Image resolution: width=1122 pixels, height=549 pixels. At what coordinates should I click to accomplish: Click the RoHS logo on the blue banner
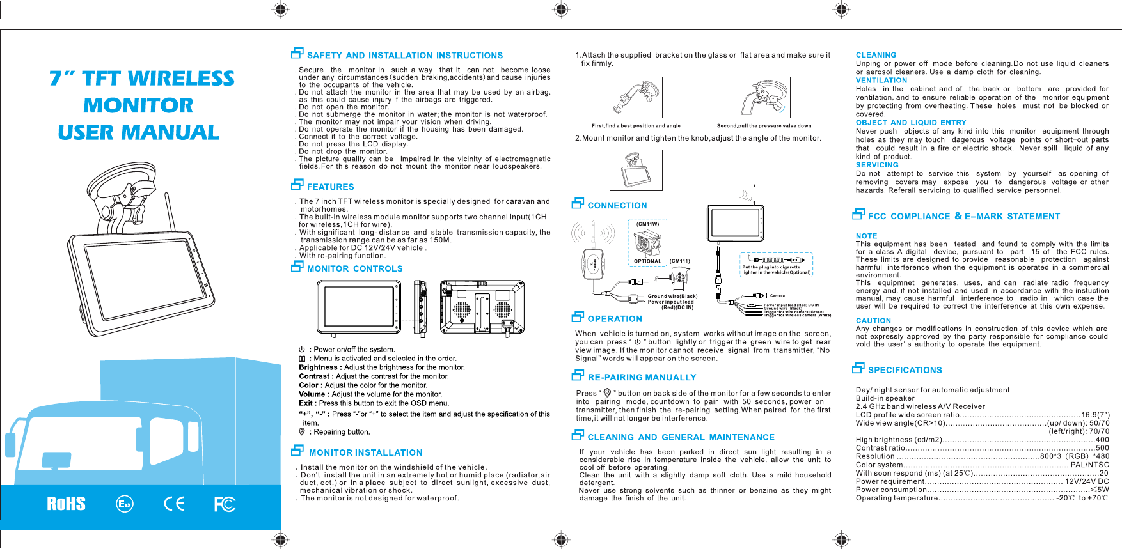click(x=66, y=504)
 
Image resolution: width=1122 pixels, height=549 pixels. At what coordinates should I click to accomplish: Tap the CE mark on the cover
click(x=174, y=504)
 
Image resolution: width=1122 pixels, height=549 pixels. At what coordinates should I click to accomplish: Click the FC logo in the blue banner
click(x=225, y=504)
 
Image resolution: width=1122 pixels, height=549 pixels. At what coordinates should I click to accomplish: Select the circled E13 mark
click(x=125, y=504)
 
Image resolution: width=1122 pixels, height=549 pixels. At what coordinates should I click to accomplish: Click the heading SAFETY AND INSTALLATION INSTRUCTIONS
click(x=404, y=56)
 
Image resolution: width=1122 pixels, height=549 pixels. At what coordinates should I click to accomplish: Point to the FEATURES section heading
click(x=330, y=187)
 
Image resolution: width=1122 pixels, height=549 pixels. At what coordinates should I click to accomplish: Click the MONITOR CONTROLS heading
click(x=354, y=269)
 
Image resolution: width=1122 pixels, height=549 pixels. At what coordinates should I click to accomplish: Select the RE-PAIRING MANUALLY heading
click(x=642, y=378)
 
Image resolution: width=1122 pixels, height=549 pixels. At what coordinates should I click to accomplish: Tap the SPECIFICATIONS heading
click(x=905, y=370)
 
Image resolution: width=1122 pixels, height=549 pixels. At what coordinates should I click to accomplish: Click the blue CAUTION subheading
click(x=873, y=321)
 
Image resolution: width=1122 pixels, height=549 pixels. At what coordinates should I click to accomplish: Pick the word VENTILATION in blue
click(x=881, y=81)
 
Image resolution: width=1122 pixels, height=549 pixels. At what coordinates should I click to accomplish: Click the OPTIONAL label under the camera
click(x=647, y=261)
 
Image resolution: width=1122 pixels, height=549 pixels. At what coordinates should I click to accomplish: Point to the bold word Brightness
click(x=318, y=367)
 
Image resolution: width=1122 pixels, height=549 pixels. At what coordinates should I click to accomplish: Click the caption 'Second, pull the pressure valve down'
click(x=764, y=126)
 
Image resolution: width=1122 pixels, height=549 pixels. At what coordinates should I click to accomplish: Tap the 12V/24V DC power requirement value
click(x=1087, y=481)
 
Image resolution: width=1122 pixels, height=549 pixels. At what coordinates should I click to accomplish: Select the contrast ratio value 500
click(x=1102, y=448)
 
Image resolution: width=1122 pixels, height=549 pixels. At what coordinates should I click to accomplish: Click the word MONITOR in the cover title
click(x=138, y=105)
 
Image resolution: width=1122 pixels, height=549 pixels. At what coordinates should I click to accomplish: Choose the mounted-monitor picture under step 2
click(x=636, y=171)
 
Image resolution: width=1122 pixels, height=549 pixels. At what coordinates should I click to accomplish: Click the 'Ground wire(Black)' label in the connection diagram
click(x=672, y=296)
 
